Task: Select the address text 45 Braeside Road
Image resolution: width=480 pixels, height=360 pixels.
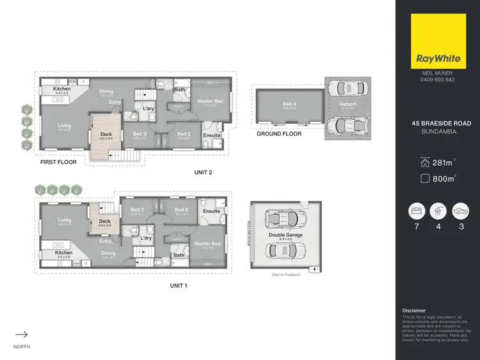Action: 437,123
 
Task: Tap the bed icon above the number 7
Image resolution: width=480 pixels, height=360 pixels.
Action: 415,211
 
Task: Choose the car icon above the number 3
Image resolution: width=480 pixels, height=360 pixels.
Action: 459,211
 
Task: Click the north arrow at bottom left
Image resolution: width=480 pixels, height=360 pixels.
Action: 21,334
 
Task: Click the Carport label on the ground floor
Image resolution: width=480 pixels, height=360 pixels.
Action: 348,104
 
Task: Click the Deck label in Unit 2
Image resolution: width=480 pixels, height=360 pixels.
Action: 106,134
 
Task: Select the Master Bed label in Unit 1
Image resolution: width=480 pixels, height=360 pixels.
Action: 207,243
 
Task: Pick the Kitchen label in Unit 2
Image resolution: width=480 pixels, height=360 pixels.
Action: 62,88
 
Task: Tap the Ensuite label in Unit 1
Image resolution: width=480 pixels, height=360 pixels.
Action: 211,211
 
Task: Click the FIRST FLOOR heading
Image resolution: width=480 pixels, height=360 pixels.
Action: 58,162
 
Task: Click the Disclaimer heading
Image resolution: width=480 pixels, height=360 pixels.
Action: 413,311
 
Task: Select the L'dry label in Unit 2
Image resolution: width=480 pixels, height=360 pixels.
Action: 148,108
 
